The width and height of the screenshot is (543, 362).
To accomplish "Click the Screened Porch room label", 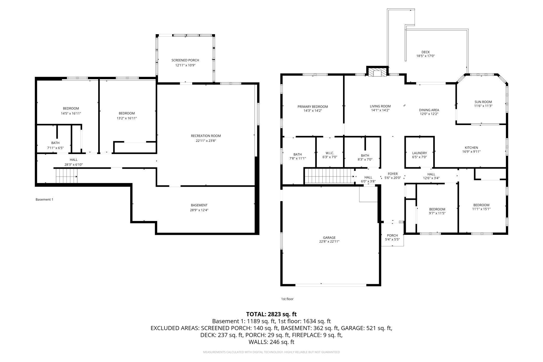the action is coord(185,60).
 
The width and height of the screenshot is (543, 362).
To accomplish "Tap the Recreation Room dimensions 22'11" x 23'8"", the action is coord(206,141).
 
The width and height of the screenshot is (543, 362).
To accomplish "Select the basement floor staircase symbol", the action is coord(67,176).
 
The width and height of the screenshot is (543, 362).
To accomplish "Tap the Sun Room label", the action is coord(483,102).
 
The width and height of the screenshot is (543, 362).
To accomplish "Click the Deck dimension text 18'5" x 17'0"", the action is coord(426,56).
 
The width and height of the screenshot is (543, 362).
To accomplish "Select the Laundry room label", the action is coord(420,153).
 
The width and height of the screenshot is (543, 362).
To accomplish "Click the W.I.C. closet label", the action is coord(330,153).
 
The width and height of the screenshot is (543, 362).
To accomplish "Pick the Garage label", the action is coord(329,238).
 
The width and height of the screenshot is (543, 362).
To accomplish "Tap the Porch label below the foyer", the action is coord(392,235).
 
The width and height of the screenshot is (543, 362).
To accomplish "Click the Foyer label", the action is coord(393,174).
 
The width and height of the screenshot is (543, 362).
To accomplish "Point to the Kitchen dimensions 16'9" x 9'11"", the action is coord(471,151).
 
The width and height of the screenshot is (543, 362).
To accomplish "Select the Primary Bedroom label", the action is coord(313,107).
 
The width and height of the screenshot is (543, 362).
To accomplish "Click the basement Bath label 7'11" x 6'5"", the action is coord(55,143).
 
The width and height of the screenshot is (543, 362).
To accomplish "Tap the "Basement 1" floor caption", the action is coord(44,200).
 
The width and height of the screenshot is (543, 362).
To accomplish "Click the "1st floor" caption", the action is coord(287,299).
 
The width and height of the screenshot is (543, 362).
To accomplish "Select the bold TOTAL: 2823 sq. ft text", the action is coord(271,314).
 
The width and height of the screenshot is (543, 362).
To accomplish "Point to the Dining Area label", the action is coord(429,110).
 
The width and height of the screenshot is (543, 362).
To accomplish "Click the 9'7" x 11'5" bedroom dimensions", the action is coord(437,213).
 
